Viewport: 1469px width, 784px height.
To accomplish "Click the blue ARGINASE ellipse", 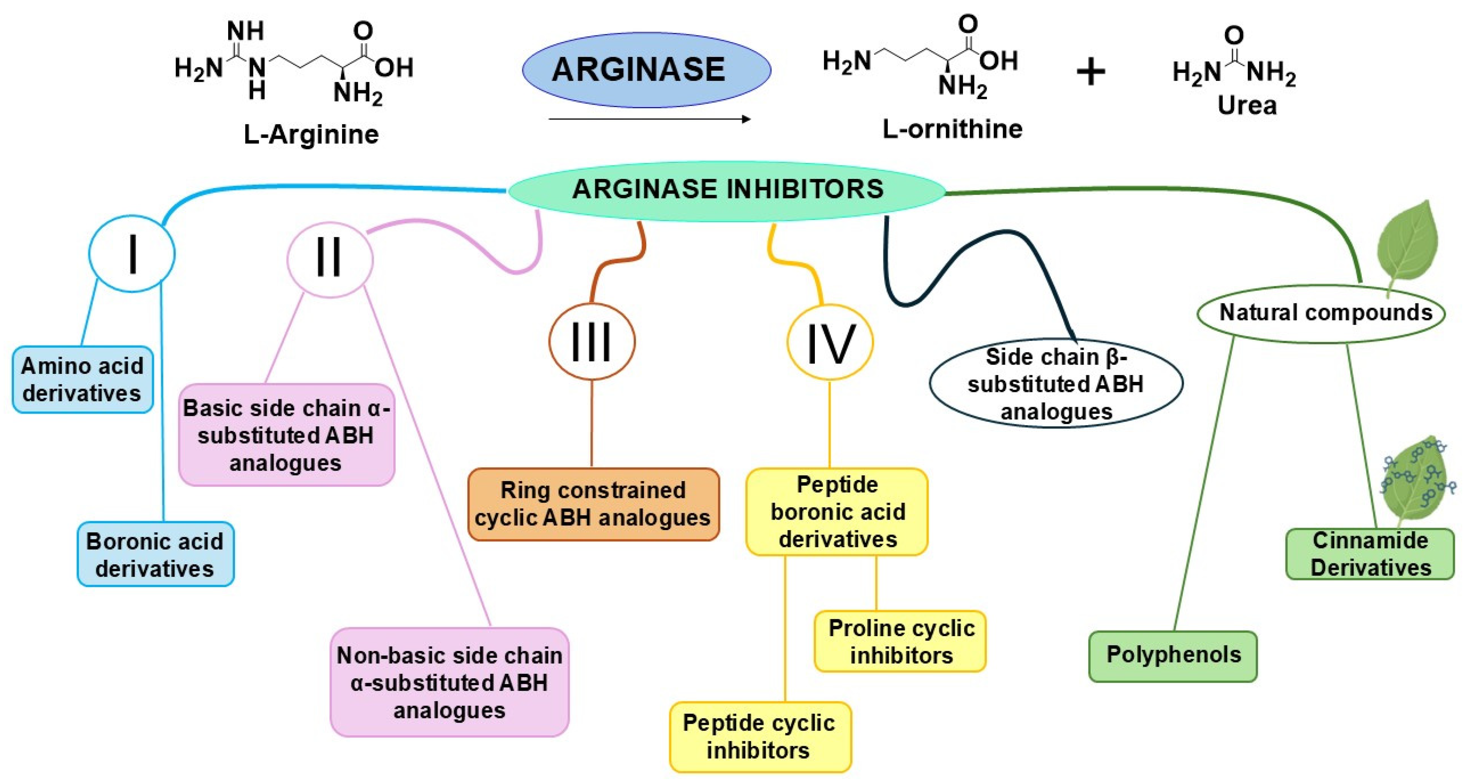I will [x=646, y=70].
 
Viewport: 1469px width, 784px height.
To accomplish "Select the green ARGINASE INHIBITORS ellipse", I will [x=727, y=190].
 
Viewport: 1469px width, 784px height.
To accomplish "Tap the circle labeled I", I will [x=132, y=254].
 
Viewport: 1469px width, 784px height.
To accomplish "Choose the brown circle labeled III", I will [x=591, y=341].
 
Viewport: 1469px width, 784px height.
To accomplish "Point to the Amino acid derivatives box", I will [x=83, y=379].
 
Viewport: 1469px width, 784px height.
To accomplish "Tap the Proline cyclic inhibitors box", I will [x=900, y=641].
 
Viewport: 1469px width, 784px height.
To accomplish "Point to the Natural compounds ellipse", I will [x=1320, y=313].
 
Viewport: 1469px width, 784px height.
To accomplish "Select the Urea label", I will [x=1247, y=106].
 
